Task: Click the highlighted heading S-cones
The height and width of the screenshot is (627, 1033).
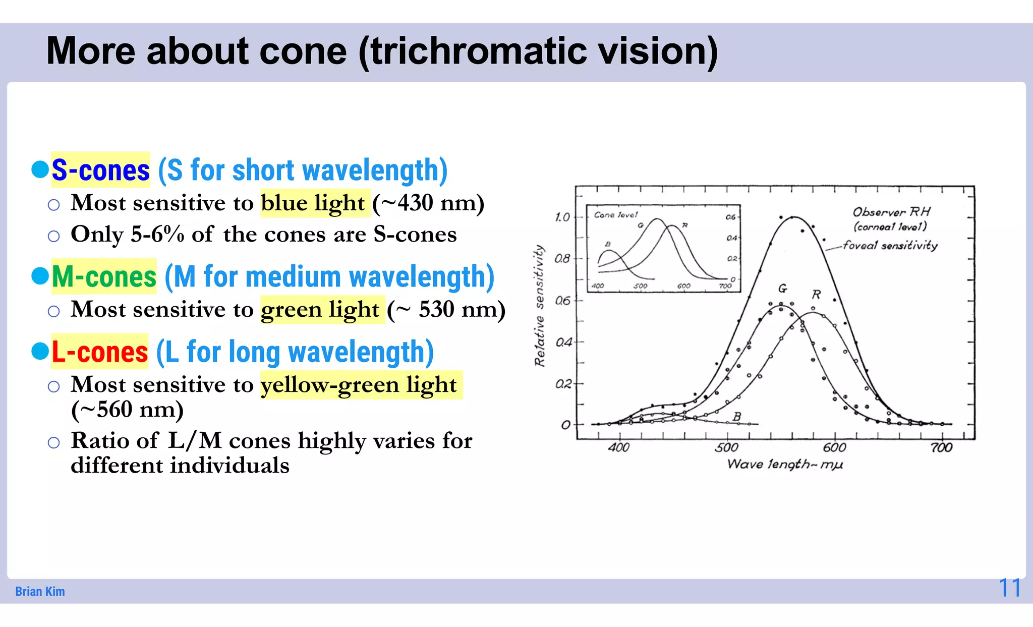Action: [x=100, y=170]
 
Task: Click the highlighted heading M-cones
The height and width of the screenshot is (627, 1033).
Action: [x=104, y=276]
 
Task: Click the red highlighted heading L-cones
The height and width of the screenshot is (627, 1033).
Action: [x=99, y=352]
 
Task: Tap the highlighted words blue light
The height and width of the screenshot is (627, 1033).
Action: [x=313, y=203]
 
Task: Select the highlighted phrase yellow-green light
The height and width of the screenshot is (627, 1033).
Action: [x=359, y=384]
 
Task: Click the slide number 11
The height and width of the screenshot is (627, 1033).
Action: [x=1009, y=588]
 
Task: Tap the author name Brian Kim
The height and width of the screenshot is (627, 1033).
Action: [x=40, y=591]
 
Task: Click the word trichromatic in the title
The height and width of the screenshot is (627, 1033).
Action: [x=478, y=51]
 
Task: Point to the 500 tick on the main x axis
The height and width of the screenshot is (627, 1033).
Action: [x=726, y=447]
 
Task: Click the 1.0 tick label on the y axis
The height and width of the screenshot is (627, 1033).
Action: [x=562, y=217]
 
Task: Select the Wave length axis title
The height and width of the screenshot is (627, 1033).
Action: [x=784, y=464]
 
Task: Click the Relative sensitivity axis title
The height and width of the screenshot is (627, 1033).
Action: [x=540, y=306]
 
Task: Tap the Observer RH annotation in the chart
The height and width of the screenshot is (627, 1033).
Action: [x=891, y=212]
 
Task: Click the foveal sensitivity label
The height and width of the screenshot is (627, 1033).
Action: [x=890, y=246]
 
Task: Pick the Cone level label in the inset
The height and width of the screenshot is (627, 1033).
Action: [x=615, y=215]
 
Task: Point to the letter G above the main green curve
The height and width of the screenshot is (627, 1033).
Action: [x=782, y=289]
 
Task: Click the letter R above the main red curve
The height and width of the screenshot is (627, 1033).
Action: [x=816, y=295]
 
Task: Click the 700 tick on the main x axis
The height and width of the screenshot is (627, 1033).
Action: [x=941, y=447]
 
